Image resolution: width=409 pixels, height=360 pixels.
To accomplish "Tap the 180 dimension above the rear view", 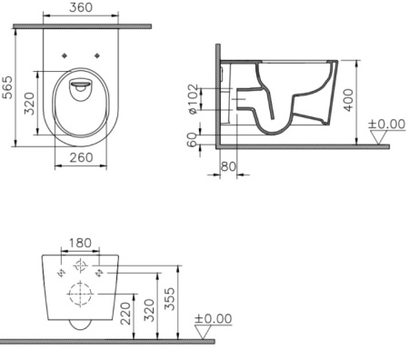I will [x=82, y=245].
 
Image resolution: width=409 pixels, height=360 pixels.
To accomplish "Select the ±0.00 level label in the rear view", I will [x=213, y=319].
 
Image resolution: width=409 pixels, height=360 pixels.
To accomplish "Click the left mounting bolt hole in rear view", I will [x=59, y=271].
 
